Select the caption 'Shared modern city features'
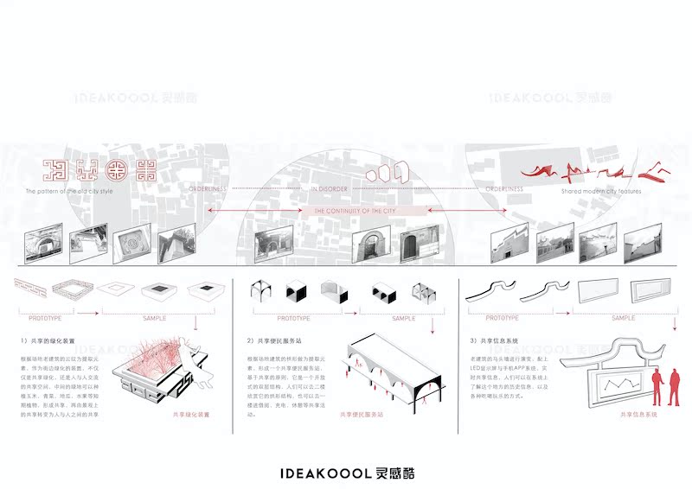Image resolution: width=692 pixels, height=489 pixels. pyautogui.click(x=601, y=190)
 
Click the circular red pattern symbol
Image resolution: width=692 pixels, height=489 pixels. pyautogui.click(x=115, y=169)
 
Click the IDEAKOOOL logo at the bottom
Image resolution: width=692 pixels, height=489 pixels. pyautogui.click(x=346, y=473)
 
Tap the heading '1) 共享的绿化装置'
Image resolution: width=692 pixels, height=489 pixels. pyautogui.click(x=54, y=340)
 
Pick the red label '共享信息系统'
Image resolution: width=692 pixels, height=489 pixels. pyautogui.click(x=638, y=415)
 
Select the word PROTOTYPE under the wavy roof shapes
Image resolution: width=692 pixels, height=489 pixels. pyautogui.click(x=502, y=318)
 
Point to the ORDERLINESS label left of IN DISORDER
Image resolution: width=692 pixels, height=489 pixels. pyautogui.click(x=205, y=187)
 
